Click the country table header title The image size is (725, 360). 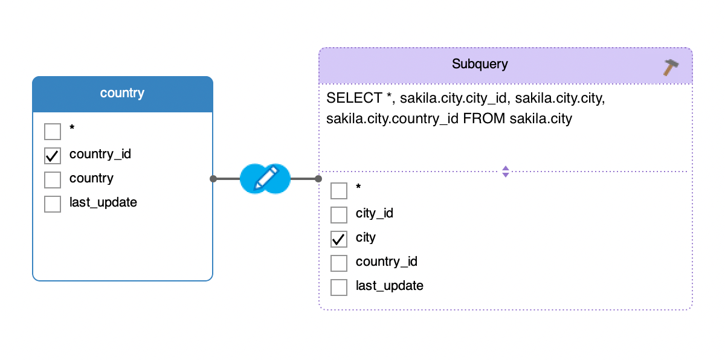tap(122, 93)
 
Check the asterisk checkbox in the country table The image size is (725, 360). tap(53, 131)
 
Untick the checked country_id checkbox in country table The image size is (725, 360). tap(53, 156)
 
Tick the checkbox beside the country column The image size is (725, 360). tap(53, 180)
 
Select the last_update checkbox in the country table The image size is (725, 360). tap(53, 204)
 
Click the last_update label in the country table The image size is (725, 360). tap(103, 202)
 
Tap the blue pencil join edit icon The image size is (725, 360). tap(265, 179)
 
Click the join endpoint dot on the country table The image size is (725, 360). tap(213, 179)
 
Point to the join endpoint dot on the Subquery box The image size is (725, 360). tap(318, 179)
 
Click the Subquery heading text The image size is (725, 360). tap(480, 64)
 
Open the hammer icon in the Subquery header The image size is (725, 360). tap(671, 67)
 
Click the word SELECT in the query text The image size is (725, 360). tap(354, 98)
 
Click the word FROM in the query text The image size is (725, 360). tap(484, 118)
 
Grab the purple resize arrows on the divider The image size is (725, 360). tap(506, 172)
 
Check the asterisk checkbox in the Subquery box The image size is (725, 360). tap(339, 190)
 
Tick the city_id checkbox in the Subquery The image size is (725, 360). tap(339, 215)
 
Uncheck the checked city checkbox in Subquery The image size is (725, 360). tap(339, 239)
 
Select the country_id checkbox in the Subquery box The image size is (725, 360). tap(339, 263)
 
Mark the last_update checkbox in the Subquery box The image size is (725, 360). tap(339, 288)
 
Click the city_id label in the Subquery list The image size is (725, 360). tap(375, 213)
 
